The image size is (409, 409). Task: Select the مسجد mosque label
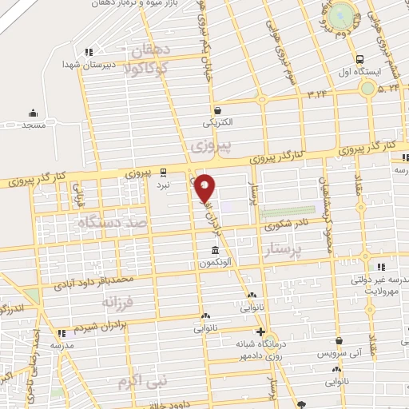pyautogui.click(x=33, y=126)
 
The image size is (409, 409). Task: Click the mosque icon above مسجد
pyautogui.click(x=33, y=112)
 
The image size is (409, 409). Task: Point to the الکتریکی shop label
pyautogui.click(x=218, y=123)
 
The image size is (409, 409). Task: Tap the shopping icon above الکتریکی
pyautogui.click(x=218, y=110)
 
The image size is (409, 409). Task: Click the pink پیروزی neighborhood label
pyautogui.click(x=212, y=146)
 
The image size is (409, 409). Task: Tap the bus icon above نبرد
pyautogui.click(x=163, y=170)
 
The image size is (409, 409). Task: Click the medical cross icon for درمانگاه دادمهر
pyautogui.click(x=260, y=332)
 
